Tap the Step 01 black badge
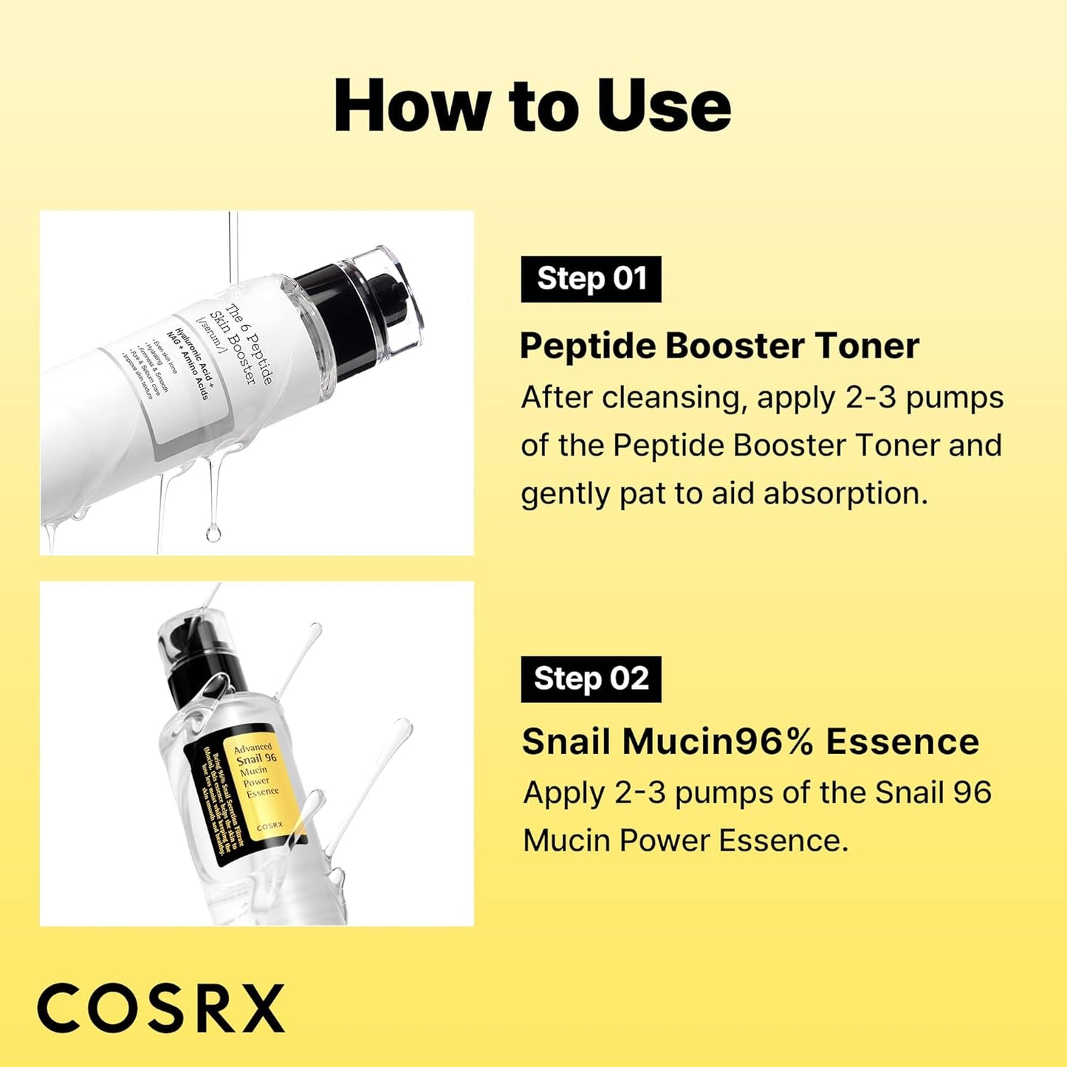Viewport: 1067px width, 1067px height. pyautogui.click(x=591, y=279)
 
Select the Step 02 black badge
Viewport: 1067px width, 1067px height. pyautogui.click(x=591, y=679)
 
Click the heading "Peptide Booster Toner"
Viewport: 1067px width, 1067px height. pyautogui.click(x=719, y=346)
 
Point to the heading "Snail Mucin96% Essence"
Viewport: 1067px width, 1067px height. pyautogui.click(x=749, y=741)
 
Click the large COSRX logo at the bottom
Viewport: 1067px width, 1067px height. pyautogui.click(x=161, y=1008)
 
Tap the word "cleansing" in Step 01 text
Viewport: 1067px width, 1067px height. pyautogui.click(x=670, y=398)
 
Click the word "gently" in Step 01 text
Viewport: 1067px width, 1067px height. pyautogui.click(x=566, y=495)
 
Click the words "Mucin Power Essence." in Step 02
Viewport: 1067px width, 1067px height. pyautogui.click(x=685, y=841)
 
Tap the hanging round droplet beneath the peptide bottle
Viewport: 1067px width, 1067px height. pyautogui.click(x=213, y=532)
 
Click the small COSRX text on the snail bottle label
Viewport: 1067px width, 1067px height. pyautogui.click(x=270, y=825)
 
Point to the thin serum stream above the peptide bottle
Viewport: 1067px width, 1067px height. pyautogui.click(x=233, y=244)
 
